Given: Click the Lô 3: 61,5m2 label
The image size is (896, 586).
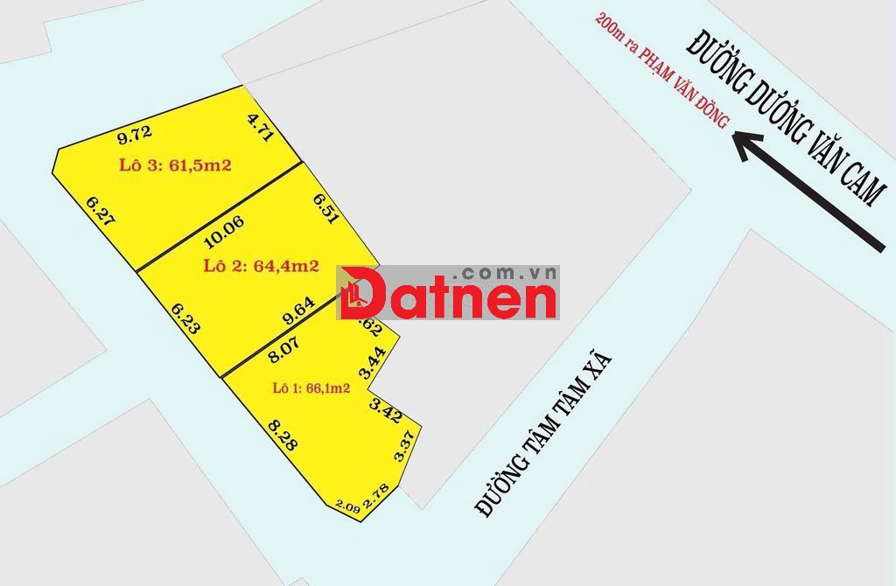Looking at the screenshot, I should click(x=174, y=165).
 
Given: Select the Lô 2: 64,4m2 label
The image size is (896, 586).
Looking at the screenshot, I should click(x=261, y=265).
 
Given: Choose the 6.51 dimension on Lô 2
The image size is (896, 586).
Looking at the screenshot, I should click(x=325, y=210).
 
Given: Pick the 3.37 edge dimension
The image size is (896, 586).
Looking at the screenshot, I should click(x=403, y=447).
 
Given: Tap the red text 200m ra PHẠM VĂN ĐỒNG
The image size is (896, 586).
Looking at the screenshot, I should click(x=661, y=71).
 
